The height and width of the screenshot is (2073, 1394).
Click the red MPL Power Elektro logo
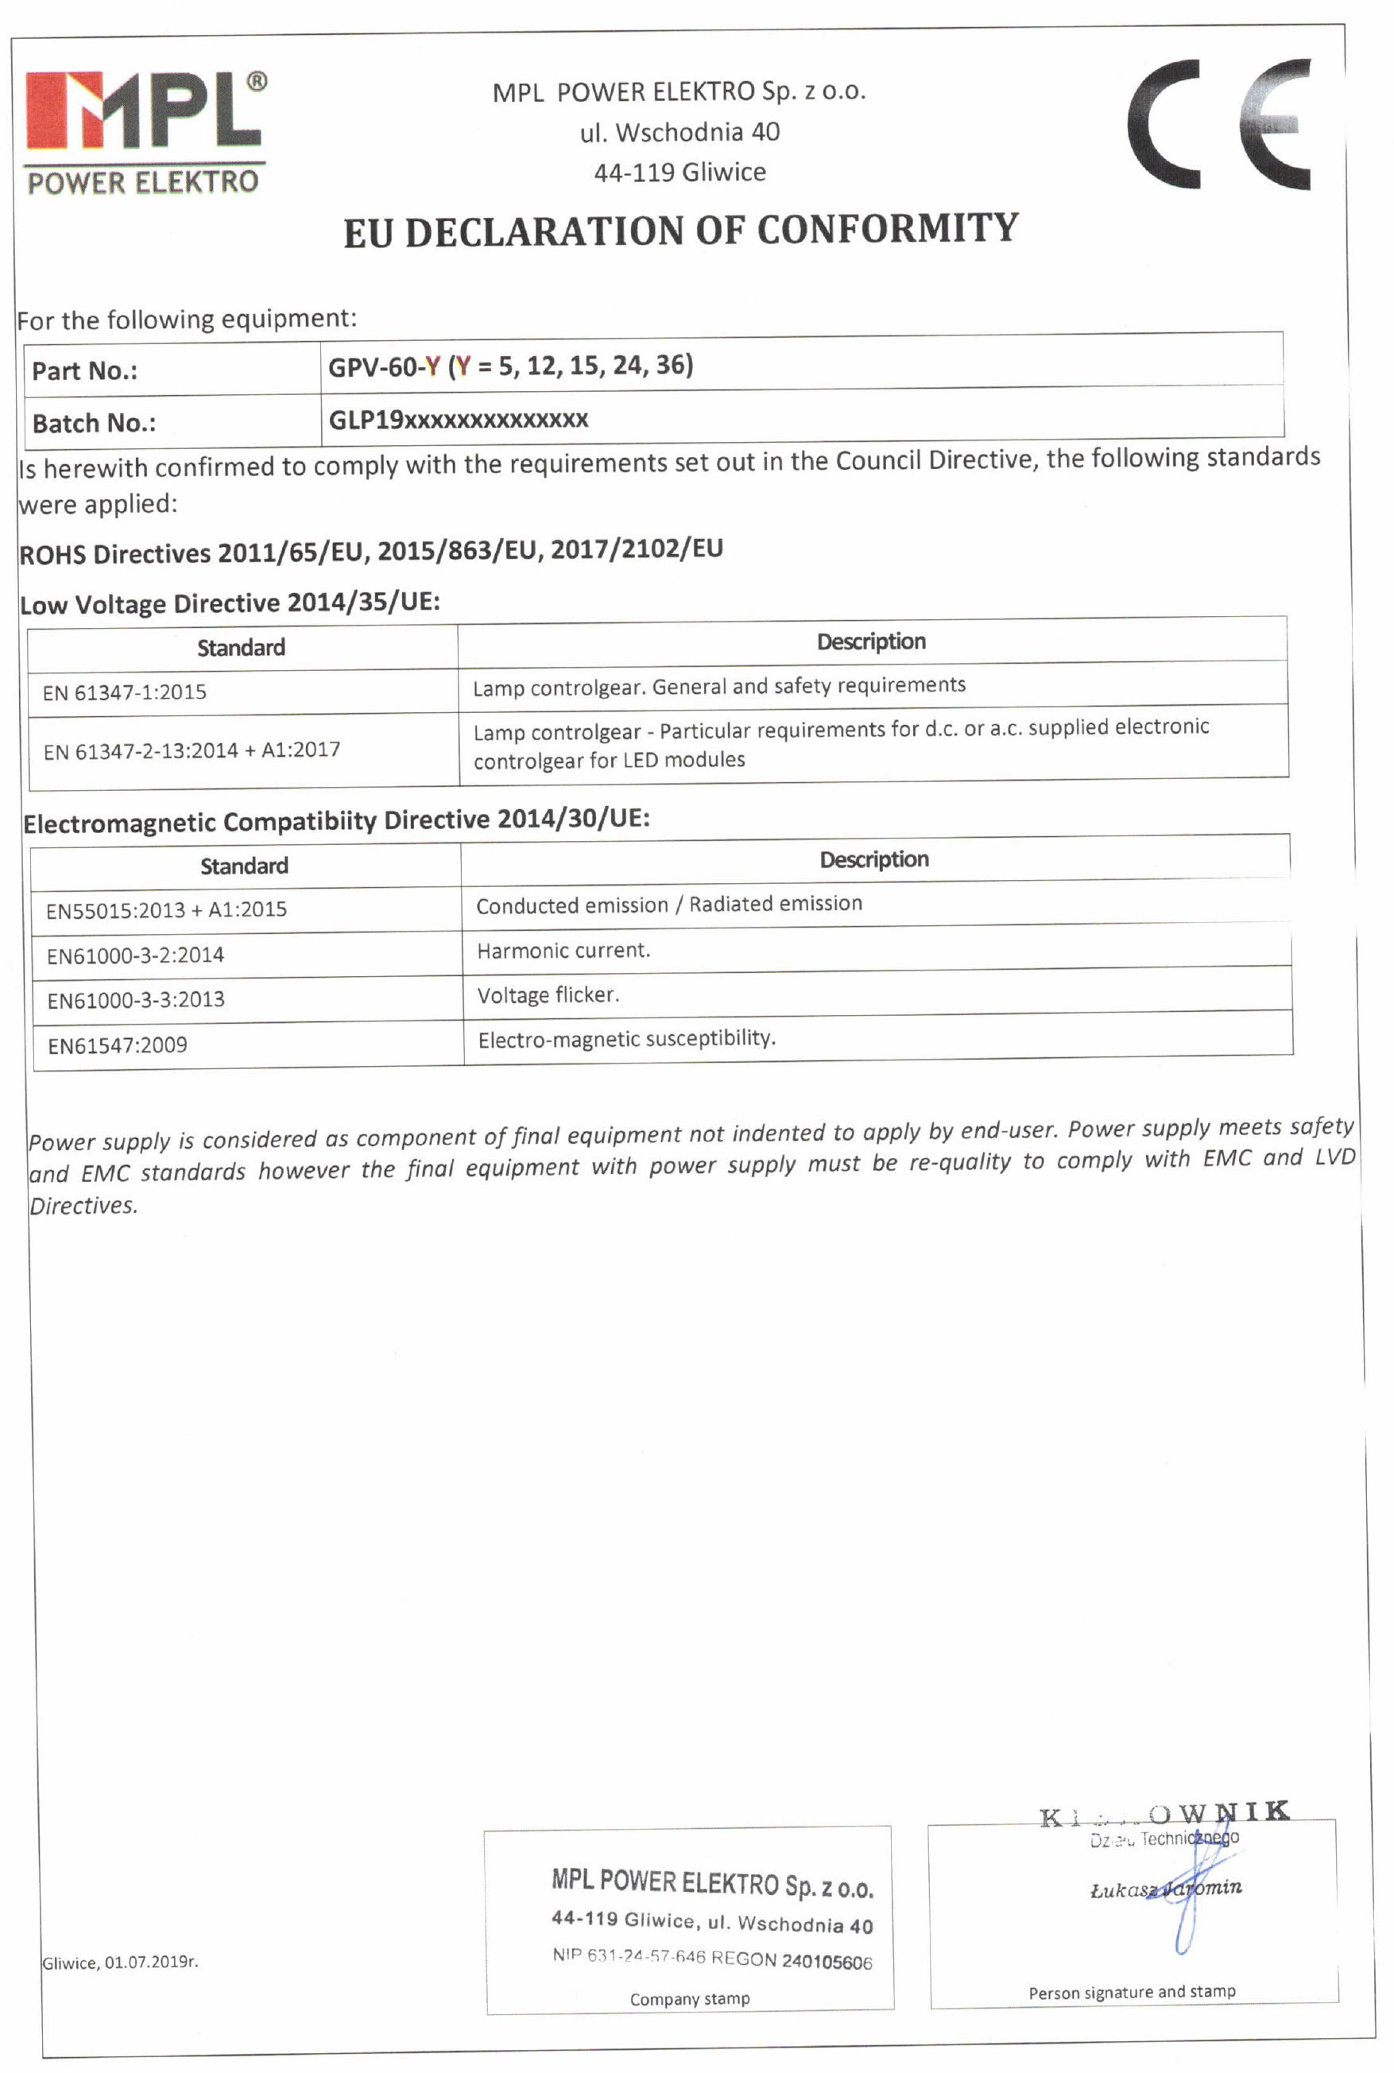click(x=145, y=133)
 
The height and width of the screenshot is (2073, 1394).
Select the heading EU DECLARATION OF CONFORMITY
click(x=681, y=231)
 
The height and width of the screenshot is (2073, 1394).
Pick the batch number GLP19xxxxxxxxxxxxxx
click(x=458, y=420)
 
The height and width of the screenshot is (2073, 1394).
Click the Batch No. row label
click(x=95, y=423)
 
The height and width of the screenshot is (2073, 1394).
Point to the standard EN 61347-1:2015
click(x=125, y=692)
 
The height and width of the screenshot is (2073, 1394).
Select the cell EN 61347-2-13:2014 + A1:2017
click(x=192, y=750)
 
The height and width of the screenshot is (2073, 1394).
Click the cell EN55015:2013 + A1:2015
click(x=166, y=909)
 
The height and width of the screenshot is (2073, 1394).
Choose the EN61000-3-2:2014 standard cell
click(x=135, y=955)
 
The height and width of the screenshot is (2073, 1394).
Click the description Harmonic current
click(x=563, y=951)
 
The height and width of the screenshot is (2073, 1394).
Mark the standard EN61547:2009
click(x=118, y=1045)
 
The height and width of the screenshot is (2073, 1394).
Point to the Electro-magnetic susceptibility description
click(x=627, y=1039)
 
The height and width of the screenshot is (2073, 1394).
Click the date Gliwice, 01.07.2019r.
click(x=120, y=1962)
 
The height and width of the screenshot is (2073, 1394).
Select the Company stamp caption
click(x=690, y=1999)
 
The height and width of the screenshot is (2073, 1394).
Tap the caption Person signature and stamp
click(x=1132, y=1992)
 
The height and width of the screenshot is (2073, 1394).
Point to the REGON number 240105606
click(x=827, y=1962)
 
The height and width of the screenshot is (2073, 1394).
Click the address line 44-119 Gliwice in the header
click(x=680, y=172)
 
